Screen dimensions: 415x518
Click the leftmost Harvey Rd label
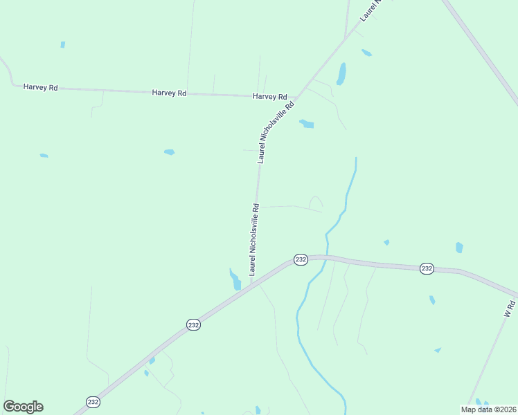point(40,87)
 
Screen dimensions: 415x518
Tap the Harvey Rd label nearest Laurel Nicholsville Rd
point(270,97)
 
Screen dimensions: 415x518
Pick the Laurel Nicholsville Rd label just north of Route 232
point(254,239)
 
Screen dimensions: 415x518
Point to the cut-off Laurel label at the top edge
point(371,10)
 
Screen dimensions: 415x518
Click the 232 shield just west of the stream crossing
point(300,259)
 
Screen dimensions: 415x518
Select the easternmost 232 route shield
point(427,268)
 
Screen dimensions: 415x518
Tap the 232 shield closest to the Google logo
point(93,401)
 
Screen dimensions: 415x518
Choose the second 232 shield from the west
point(194,324)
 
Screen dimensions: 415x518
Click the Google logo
point(23,407)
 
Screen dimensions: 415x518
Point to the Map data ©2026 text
point(488,409)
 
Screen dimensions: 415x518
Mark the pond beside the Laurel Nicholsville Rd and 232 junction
point(235,279)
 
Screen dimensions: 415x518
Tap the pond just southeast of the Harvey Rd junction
point(306,124)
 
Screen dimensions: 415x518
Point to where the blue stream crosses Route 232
point(327,257)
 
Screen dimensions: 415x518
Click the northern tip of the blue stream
point(356,158)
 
